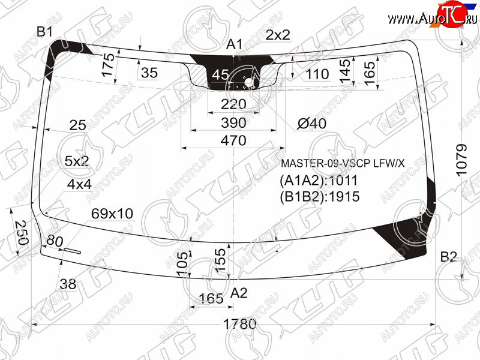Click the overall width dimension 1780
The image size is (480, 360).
pyautogui.click(x=239, y=323)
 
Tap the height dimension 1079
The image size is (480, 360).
pyautogui.click(x=461, y=160)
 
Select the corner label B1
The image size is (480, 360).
pyautogui.click(x=44, y=32)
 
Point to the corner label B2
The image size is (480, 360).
pyautogui.click(x=448, y=257)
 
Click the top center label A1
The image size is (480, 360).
pyautogui.click(x=234, y=44)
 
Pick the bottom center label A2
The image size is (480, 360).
pyautogui.click(x=238, y=293)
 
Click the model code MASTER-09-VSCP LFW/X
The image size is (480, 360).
pyautogui.click(x=343, y=163)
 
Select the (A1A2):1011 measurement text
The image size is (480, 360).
pyautogui.click(x=319, y=181)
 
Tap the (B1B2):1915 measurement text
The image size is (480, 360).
pyautogui.click(x=319, y=197)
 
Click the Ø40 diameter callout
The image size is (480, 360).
pyautogui.click(x=311, y=124)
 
